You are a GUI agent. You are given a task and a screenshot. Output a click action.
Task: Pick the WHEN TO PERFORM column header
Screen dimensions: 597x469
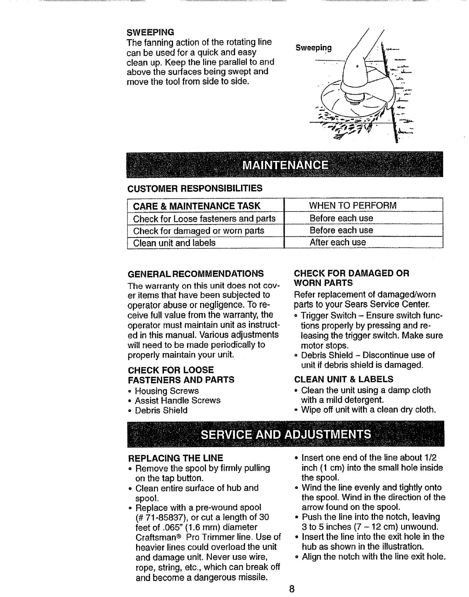(353, 206)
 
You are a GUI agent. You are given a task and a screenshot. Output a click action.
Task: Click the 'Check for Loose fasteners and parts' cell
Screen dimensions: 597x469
(204, 219)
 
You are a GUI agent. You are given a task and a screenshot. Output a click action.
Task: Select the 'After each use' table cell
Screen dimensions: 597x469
(337, 242)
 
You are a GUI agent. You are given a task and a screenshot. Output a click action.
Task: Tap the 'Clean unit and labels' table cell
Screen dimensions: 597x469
(175, 243)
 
